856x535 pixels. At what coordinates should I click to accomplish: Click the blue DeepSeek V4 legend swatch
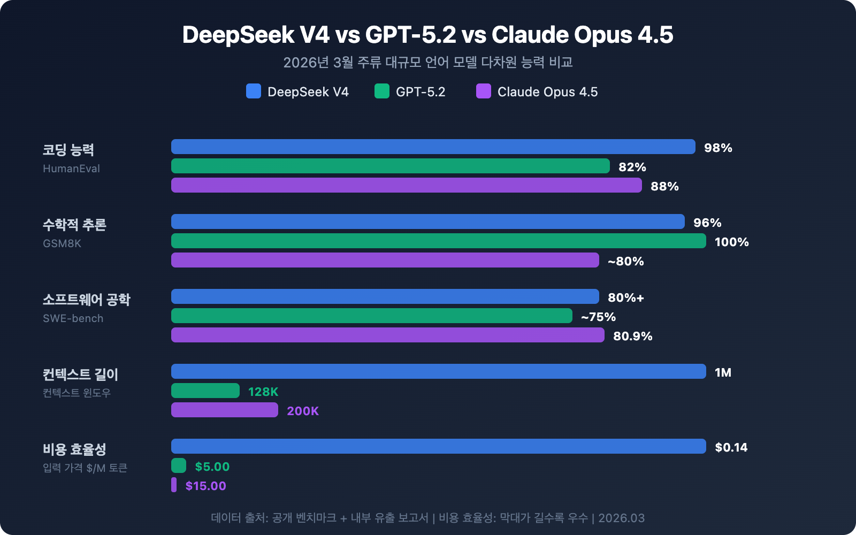tap(253, 91)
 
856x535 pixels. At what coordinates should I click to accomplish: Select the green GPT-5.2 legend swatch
tap(381, 91)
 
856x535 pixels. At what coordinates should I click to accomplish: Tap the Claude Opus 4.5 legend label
tap(547, 92)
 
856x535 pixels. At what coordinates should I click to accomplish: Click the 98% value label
tap(718, 148)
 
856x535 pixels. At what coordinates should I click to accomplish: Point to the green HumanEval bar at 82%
tap(391, 166)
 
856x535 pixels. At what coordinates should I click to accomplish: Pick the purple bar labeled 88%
tap(407, 185)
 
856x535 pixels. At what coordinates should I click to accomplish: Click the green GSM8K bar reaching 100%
tap(439, 241)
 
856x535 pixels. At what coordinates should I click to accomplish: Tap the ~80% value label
tap(625, 261)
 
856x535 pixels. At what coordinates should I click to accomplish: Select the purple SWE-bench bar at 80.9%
tap(388, 335)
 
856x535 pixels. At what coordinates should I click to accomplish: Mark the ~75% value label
tap(598, 317)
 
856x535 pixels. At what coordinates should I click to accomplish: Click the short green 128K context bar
tap(205, 391)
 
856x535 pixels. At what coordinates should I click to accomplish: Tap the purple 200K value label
tap(303, 411)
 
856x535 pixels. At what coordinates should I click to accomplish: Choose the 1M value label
tap(723, 372)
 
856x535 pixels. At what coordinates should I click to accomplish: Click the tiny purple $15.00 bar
tap(174, 485)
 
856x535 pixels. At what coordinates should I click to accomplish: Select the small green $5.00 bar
tap(179, 465)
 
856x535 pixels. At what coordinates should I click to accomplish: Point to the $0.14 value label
tap(731, 447)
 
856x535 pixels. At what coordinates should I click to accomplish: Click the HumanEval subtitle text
tap(71, 169)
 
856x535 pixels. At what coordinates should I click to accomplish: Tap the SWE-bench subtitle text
tap(73, 318)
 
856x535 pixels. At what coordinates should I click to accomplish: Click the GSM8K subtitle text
tap(62, 243)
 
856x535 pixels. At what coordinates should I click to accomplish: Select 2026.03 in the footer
tap(621, 518)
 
